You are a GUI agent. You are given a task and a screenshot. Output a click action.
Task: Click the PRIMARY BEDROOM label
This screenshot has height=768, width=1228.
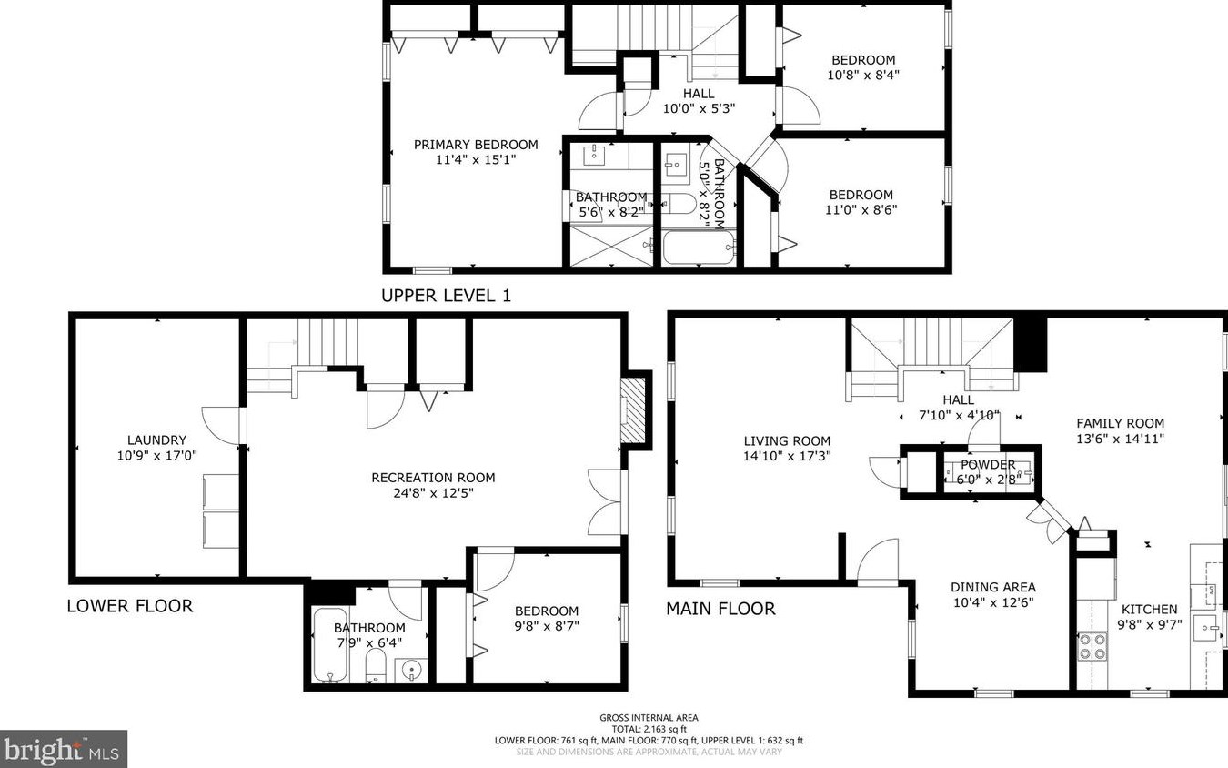click(x=476, y=145)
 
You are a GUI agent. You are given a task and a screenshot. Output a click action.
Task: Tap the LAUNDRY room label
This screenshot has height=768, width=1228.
click(x=156, y=440)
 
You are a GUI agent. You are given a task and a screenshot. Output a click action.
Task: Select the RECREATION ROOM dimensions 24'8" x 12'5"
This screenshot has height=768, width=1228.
click(x=433, y=493)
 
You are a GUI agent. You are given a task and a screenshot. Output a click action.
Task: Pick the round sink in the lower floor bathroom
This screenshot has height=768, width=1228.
click(x=412, y=671)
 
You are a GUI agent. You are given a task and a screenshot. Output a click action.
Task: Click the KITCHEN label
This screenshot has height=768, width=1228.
click(x=1149, y=609)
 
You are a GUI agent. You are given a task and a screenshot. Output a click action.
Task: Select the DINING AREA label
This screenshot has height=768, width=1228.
click(x=992, y=587)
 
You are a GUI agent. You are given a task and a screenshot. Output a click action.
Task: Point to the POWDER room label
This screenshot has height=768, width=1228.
click(x=988, y=464)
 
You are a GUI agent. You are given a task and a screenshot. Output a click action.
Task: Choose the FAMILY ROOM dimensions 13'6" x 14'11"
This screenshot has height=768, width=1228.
click(x=1120, y=439)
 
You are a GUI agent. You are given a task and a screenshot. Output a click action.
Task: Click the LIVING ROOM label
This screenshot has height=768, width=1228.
click(x=787, y=440)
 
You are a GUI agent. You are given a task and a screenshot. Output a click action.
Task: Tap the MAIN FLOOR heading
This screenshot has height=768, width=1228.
click(x=720, y=608)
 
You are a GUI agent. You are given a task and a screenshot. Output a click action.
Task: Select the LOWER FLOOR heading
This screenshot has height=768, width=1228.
click(x=129, y=606)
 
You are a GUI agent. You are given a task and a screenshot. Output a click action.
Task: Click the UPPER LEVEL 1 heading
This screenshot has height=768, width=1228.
click(x=446, y=295)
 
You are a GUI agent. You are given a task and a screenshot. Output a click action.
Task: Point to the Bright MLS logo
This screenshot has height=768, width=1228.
click(x=63, y=749)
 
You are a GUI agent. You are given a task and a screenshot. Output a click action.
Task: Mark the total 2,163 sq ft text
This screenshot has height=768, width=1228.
click(x=649, y=729)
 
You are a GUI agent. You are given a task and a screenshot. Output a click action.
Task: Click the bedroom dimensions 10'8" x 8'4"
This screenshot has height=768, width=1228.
click(x=862, y=76)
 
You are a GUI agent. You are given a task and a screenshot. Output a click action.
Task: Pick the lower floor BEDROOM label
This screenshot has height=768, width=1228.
click(x=546, y=611)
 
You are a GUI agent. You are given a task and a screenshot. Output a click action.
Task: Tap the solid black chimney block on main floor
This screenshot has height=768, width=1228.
click(x=1030, y=343)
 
